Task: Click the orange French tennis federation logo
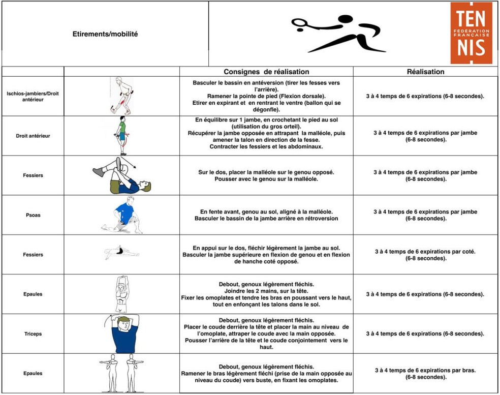pos(472,33)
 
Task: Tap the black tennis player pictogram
pos(338,34)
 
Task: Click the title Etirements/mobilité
pos(105,34)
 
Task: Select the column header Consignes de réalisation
pos(266,72)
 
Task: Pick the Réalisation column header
pos(425,72)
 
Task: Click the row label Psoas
pos(33,215)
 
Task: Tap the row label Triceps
pos(33,333)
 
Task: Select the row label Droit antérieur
pos(33,136)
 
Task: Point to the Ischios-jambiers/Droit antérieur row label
pos(33,97)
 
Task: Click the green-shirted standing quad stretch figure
pos(121,136)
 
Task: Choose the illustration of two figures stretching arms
pos(121,373)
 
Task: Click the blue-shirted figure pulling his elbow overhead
pos(123,333)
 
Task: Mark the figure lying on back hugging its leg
pos(121,175)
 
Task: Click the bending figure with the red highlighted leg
pos(121,96)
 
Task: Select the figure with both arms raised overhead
pos(121,294)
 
